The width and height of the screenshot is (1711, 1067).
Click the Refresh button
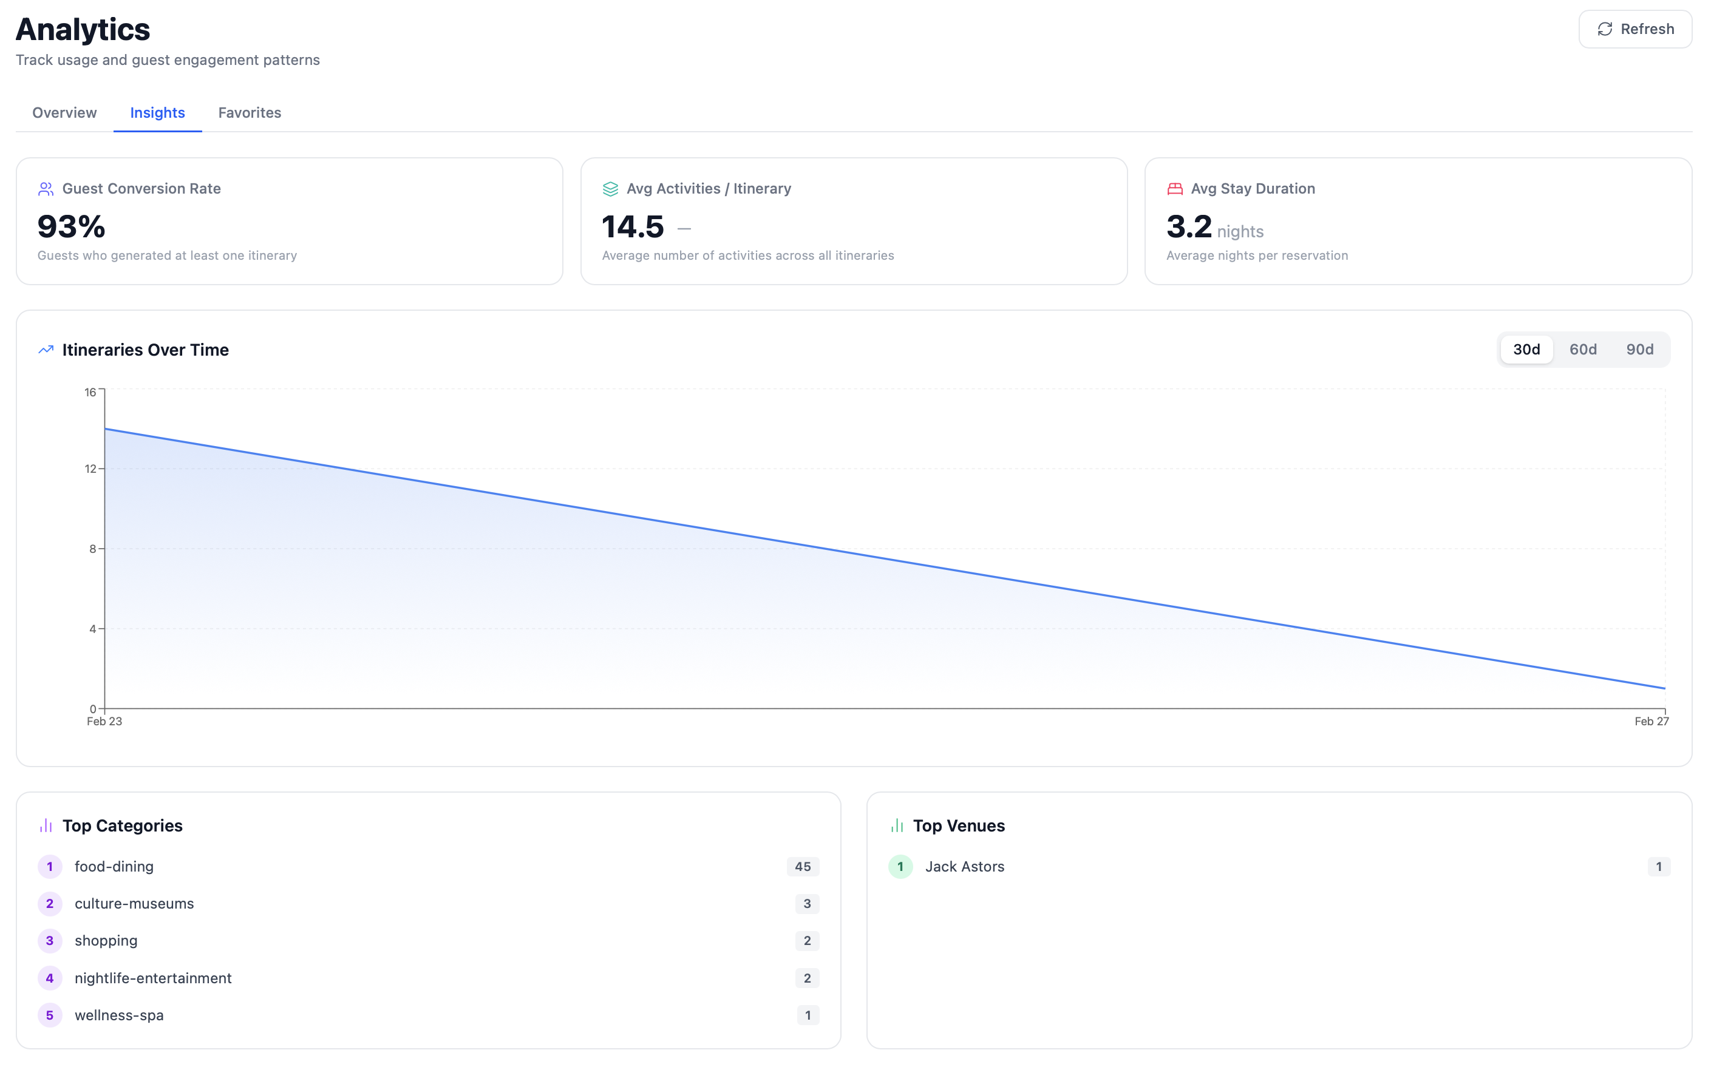point(1634,29)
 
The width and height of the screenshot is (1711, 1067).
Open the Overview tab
point(64,112)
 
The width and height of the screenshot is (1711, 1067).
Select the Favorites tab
point(249,112)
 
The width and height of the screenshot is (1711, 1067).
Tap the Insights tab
point(157,112)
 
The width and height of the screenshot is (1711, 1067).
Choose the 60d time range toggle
point(1582,350)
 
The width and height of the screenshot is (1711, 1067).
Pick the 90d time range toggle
point(1639,350)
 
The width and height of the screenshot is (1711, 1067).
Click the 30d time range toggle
point(1526,350)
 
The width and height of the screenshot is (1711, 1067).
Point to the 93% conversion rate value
point(71,227)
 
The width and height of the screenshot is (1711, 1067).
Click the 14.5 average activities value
point(633,227)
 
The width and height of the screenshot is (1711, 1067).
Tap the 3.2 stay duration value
point(1189,227)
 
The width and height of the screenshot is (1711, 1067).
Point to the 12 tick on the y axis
point(90,469)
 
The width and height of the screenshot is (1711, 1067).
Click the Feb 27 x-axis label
point(1651,721)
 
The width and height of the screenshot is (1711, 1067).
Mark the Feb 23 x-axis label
point(104,721)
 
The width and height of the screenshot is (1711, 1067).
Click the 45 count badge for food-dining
point(803,867)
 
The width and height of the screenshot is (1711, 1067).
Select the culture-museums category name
point(134,903)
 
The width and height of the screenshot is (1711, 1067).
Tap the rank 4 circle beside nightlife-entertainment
point(49,978)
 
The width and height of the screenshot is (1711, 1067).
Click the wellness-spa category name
point(119,1015)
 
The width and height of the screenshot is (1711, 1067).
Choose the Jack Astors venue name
point(964,867)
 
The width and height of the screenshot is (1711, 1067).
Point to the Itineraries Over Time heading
point(145,350)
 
